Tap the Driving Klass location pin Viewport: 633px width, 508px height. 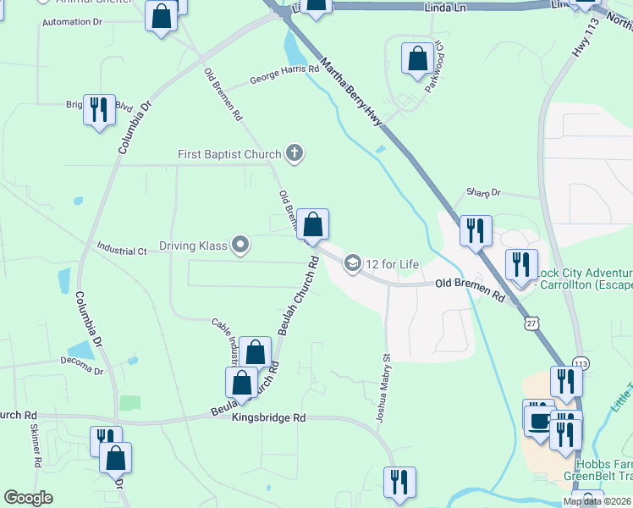point(241,246)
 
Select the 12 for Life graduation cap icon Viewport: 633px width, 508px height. point(352,264)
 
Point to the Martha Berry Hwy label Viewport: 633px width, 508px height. point(350,93)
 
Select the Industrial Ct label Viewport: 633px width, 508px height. point(122,251)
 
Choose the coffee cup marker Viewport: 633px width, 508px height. point(538,418)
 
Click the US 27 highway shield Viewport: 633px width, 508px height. point(531,323)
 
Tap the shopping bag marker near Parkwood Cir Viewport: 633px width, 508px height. point(416,58)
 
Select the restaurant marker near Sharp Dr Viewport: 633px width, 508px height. point(476,230)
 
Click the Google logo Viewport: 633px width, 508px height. point(29,498)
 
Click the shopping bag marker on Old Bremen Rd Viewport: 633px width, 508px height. point(312,225)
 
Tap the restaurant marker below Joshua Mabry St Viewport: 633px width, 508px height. point(399,482)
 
